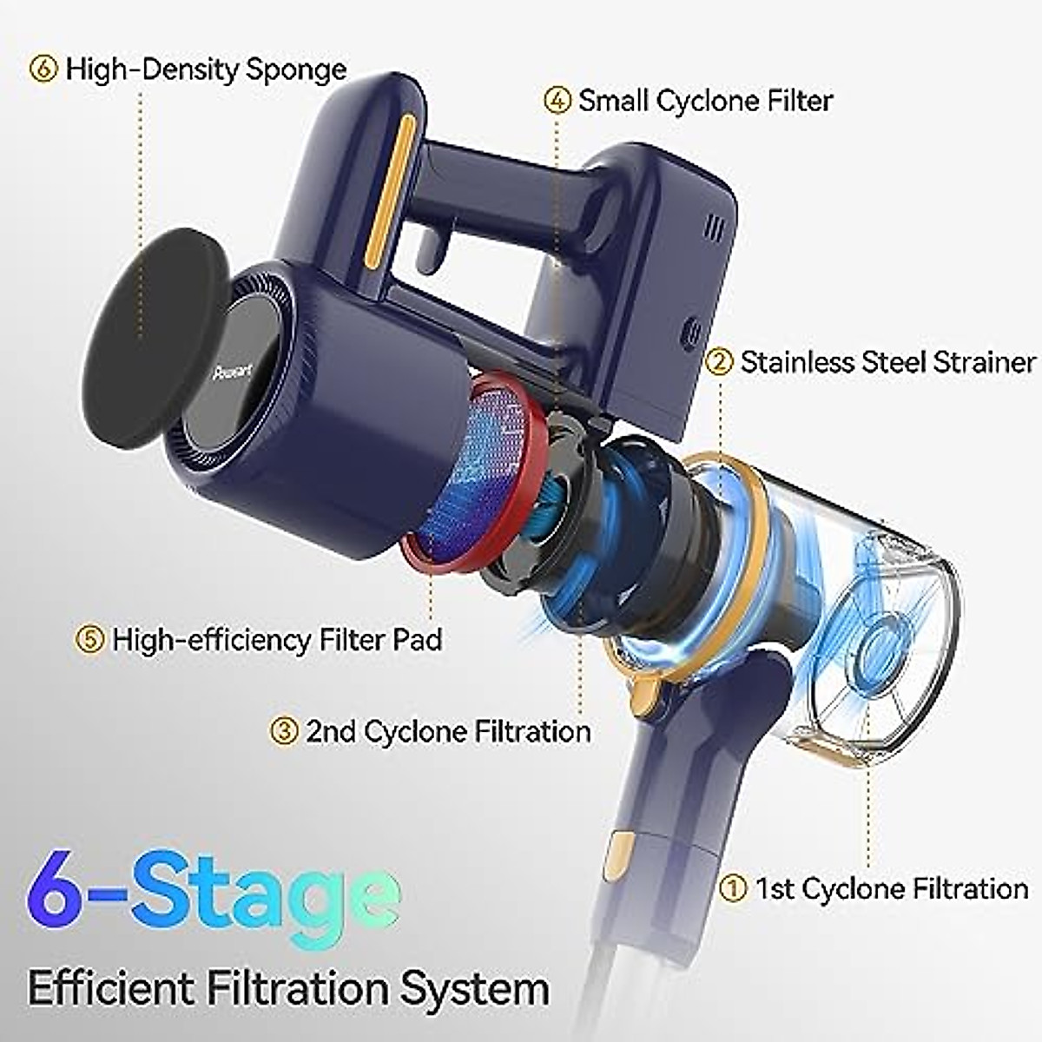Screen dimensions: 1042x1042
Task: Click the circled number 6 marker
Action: pyautogui.click(x=43, y=69)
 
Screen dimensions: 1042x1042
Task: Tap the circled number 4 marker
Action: pyautogui.click(x=557, y=100)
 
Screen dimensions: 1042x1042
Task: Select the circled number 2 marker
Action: pyautogui.click(x=719, y=361)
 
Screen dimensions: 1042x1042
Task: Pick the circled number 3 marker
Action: pyautogui.click(x=283, y=730)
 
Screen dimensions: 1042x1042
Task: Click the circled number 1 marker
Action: pyautogui.click(x=734, y=888)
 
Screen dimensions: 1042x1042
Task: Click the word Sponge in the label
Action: pyautogui.click(x=296, y=69)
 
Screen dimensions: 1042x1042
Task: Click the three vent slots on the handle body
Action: pyautogui.click(x=714, y=228)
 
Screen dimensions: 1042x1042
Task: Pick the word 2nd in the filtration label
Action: pyautogui.click(x=331, y=730)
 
